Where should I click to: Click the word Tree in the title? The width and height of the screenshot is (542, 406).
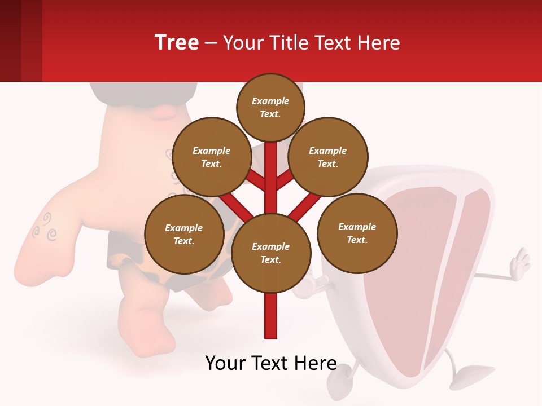pos(177,42)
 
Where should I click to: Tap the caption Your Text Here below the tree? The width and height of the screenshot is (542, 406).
pos(271,363)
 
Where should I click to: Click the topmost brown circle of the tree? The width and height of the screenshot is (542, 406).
pos(270,107)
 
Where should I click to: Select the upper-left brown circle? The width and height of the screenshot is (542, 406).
pos(212,157)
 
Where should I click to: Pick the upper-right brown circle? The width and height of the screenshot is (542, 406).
pos(328,157)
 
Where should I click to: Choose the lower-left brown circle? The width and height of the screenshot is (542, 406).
pos(184,234)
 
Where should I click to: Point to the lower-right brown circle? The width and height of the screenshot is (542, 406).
pos(357,233)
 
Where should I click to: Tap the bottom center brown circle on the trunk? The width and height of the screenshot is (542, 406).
pos(271,253)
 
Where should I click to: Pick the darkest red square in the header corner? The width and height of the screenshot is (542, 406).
pos(10,41)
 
